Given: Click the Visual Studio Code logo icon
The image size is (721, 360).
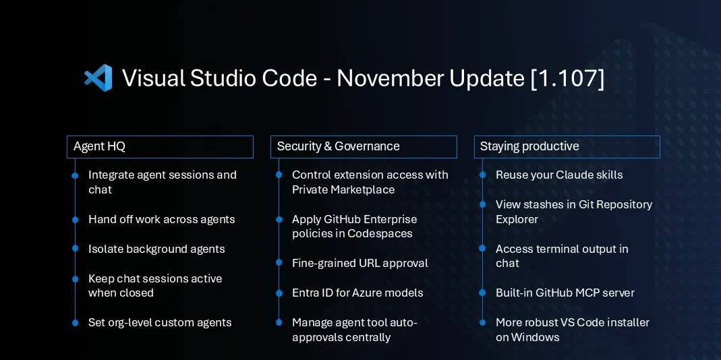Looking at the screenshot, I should tap(98, 78).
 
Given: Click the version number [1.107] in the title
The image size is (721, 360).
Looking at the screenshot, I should tap(567, 78).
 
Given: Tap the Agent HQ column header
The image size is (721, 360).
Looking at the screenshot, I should tap(160, 146).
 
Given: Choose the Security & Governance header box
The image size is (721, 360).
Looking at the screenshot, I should tap(364, 146).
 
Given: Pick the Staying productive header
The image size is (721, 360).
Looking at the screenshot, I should tap(567, 146).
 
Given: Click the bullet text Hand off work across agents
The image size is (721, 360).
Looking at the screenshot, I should tap(161, 219).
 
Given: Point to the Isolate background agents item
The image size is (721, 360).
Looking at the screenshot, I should tap(156, 249).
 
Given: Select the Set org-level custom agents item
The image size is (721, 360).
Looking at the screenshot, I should tap(160, 322).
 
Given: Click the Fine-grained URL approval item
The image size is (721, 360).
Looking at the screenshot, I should tap(359, 263).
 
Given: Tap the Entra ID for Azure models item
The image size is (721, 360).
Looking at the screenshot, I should tap(357, 293).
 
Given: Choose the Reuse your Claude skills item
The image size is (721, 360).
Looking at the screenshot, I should tap(559, 175).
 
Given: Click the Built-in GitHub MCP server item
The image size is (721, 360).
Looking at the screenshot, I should tap(565, 293).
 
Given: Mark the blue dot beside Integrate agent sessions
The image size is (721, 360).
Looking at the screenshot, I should tap(75, 175).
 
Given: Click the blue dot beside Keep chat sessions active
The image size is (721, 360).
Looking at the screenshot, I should tap(75, 278).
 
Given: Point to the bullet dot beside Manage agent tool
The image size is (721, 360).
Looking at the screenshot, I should tap(279, 323).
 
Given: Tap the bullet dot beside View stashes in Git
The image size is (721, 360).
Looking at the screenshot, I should tap(482, 204).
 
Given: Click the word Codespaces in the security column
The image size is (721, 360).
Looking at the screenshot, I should tap(380, 233).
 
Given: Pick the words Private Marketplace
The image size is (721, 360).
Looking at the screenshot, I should tap(343, 189).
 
